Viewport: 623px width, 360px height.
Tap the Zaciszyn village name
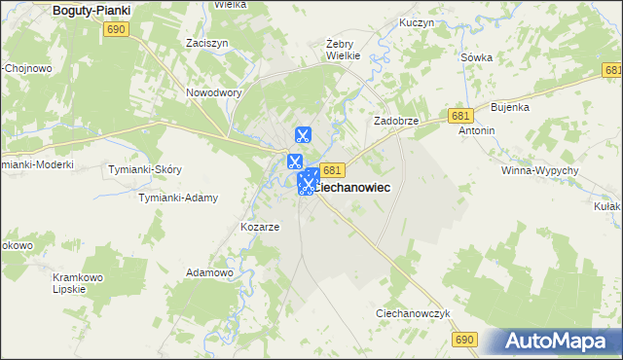pyautogui.click(x=207, y=43)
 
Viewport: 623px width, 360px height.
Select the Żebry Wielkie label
pyautogui.click(x=344, y=50)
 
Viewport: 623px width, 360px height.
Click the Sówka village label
pyautogui.click(x=476, y=57)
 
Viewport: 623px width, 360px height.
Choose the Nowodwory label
pyautogui.click(x=213, y=93)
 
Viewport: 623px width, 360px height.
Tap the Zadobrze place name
pyautogui.click(x=396, y=121)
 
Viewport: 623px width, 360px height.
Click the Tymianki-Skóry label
pyautogui.click(x=146, y=169)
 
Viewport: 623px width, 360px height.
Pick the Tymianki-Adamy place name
pyautogui.click(x=177, y=198)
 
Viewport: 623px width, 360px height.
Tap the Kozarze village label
pyautogui.click(x=260, y=227)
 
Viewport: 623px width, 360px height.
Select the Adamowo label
pyautogui.click(x=209, y=273)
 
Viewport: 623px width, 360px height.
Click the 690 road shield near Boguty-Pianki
pyautogui.click(x=117, y=30)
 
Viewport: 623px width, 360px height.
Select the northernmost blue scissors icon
pyautogui.click(x=303, y=134)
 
